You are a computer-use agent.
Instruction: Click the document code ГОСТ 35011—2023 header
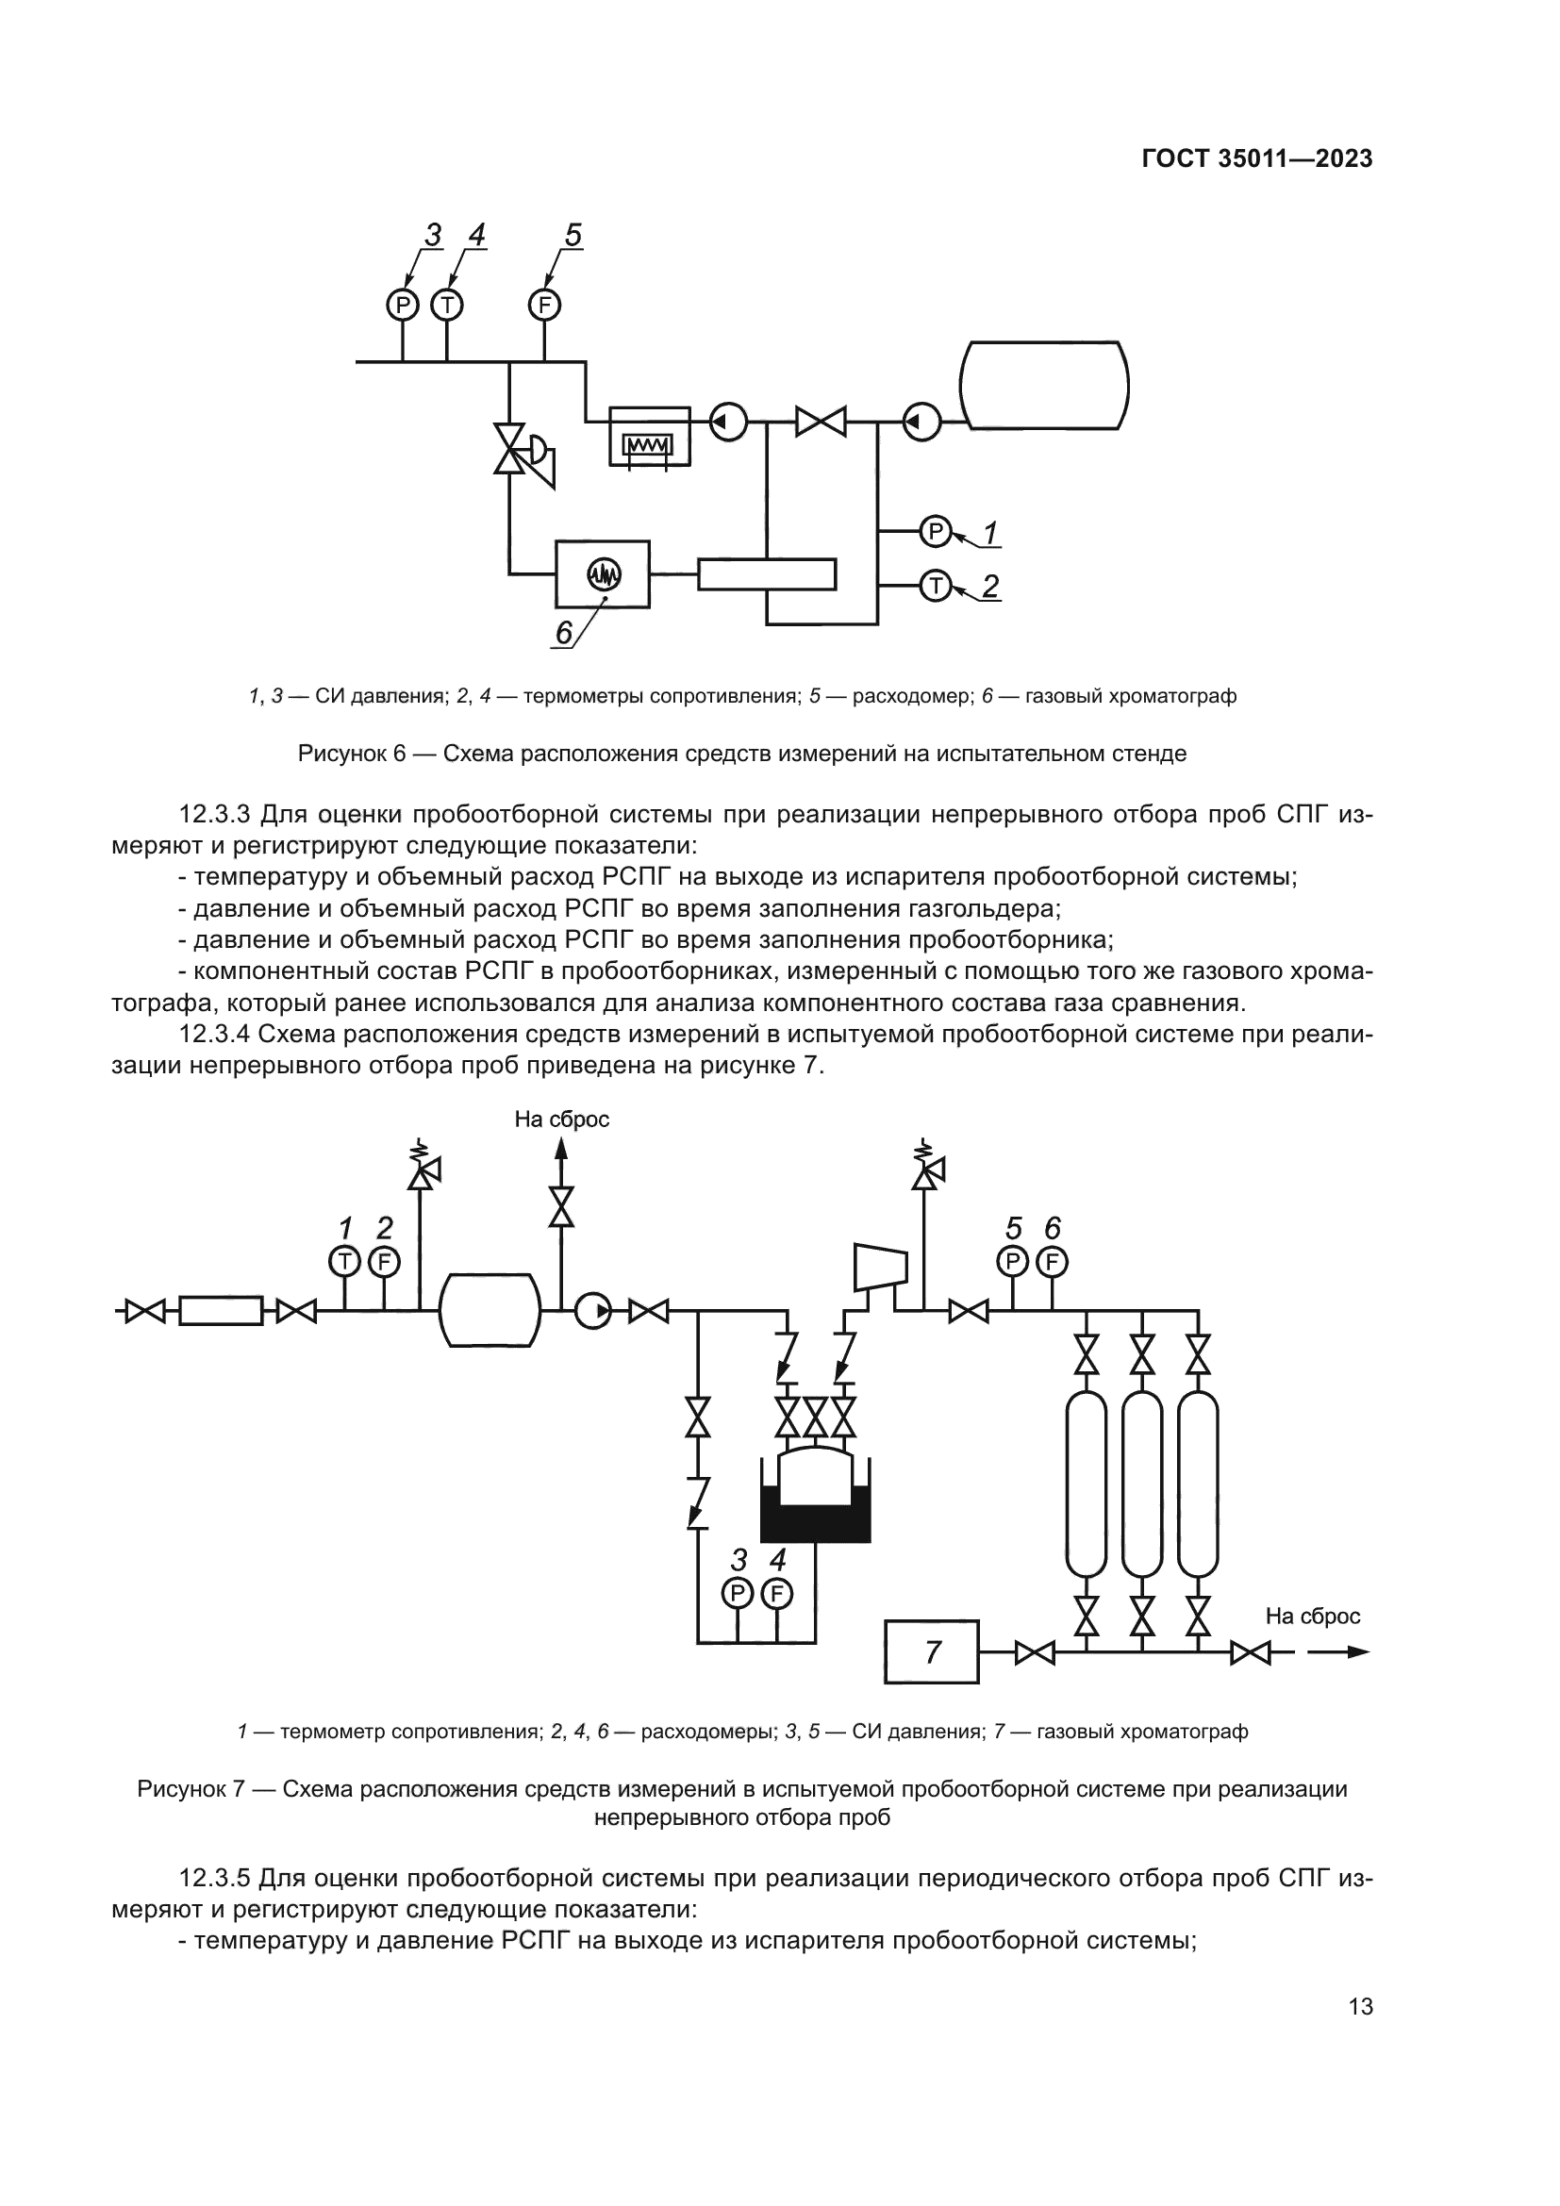click(1256, 159)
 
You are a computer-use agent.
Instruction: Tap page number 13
click(1360, 2006)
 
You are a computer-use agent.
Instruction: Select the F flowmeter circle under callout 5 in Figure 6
click(544, 306)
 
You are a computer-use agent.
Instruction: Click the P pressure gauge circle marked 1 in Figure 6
click(935, 531)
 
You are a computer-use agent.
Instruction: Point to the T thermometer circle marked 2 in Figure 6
click(935, 585)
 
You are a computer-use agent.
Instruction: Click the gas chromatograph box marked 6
click(604, 574)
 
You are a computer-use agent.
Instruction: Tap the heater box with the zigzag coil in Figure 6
click(649, 438)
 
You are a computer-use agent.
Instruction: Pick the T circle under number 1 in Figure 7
click(344, 1261)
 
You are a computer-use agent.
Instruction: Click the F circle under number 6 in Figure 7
click(1052, 1261)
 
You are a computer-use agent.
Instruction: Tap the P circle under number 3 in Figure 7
click(737, 1594)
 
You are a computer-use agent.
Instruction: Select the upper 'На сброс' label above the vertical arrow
click(562, 1120)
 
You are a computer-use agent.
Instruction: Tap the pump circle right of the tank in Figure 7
click(592, 1311)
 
